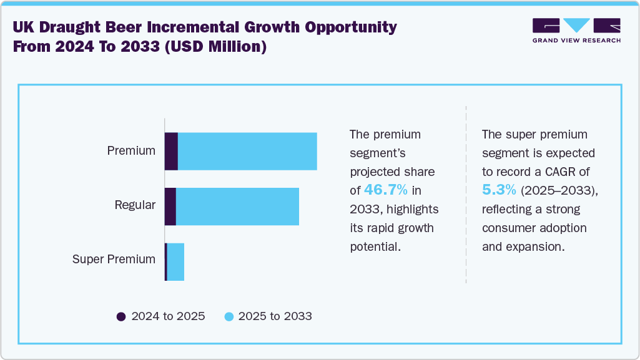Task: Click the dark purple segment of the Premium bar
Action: tap(171, 151)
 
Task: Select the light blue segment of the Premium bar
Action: tap(247, 151)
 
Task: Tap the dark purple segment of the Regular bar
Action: tap(170, 207)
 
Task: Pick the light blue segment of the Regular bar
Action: tap(237, 207)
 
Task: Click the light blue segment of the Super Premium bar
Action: tap(175, 262)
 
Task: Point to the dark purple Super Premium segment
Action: tap(165, 262)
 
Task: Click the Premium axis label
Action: tap(131, 151)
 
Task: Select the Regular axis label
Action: tap(135, 205)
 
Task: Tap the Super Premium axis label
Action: tap(114, 260)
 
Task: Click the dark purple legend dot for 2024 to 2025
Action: tap(121, 316)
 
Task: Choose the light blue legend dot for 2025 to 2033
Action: tap(229, 316)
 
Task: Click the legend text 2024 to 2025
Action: tap(168, 316)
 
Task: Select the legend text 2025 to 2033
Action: tap(275, 316)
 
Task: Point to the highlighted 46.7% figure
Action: tap(385, 190)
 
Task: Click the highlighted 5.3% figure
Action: tap(499, 190)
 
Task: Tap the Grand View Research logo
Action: tap(576, 30)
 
